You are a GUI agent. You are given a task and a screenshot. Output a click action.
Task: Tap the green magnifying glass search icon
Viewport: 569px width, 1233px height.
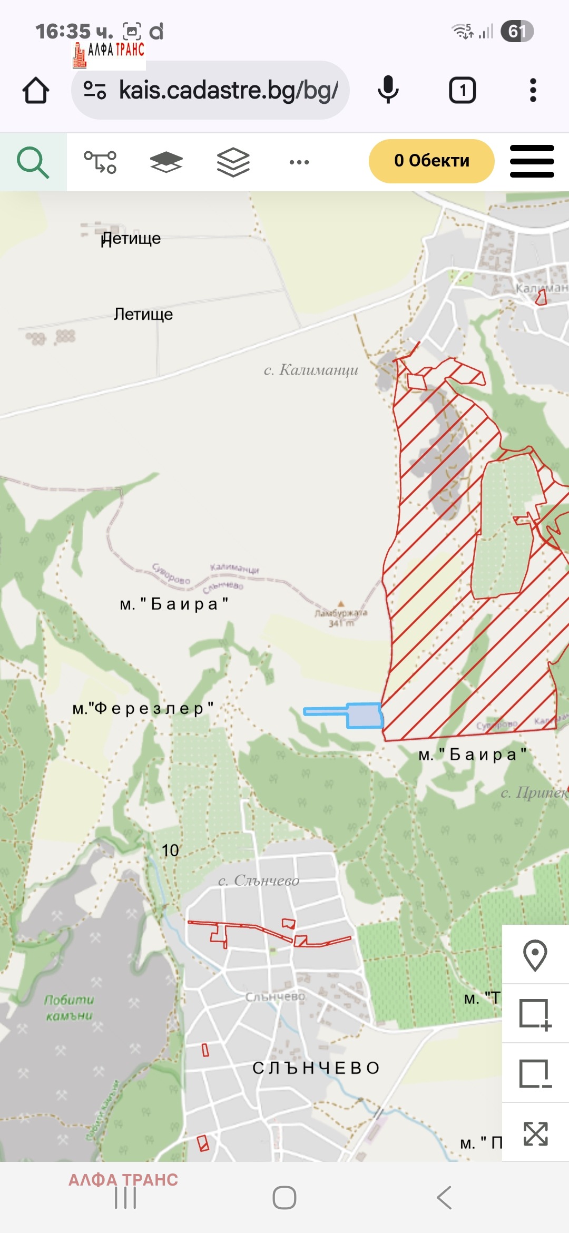click(x=33, y=162)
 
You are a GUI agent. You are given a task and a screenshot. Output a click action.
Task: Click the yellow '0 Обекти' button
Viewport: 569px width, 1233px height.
click(x=431, y=161)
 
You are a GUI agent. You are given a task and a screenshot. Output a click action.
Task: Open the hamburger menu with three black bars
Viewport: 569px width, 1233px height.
click(x=532, y=161)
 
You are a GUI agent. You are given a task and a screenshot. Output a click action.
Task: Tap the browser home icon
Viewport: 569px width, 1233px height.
click(x=36, y=90)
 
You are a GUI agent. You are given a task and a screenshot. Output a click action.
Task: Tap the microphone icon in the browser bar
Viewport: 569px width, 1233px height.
click(x=388, y=90)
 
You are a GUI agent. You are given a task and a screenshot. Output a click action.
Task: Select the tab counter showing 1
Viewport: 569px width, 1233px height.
click(x=462, y=90)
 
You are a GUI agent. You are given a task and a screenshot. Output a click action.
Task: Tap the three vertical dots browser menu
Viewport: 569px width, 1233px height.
click(x=533, y=90)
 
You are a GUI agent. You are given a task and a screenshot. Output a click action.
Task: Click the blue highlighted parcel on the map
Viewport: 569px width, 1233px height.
click(x=364, y=716)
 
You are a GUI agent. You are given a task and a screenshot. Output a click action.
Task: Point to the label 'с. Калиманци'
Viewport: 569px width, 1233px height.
click(x=311, y=370)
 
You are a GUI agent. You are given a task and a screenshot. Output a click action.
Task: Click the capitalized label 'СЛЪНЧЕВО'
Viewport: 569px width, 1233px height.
click(x=316, y=1068)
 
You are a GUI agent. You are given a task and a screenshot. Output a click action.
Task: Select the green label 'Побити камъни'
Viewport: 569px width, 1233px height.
click(x=68, y=1007)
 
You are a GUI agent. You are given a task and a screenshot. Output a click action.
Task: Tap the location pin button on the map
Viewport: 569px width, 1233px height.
click(x=535, y=954)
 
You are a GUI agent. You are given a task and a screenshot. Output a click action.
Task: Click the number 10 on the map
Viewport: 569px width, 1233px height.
click(x=170, y=850)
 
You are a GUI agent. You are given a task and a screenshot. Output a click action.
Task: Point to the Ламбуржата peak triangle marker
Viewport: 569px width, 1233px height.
click(x=341, y=604)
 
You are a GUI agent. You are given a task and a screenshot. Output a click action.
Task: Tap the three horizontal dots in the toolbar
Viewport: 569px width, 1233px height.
click(x=299, y=162)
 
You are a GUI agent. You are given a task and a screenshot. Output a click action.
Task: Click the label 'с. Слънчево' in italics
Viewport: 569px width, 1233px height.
click(x=259, y=880)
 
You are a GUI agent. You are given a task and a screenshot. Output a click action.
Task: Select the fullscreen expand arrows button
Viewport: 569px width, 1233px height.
click(x=535, y=1133)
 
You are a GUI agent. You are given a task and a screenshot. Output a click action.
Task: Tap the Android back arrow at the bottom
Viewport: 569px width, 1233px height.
click(x=444, y=1198)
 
